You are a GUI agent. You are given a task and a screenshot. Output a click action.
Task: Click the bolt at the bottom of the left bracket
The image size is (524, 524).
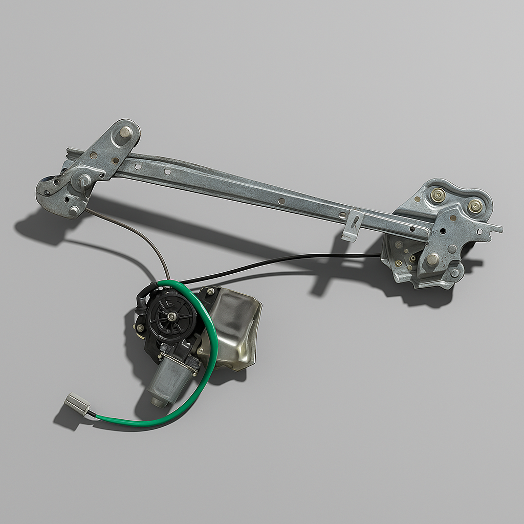pyautogui.click(x=75, y=209)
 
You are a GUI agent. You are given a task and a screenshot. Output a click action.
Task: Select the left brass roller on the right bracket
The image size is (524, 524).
pyautogui.click(x=438, y=195)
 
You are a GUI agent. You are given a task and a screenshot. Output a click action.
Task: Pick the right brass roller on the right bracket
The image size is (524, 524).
pyautogui.click(x=475, y=206)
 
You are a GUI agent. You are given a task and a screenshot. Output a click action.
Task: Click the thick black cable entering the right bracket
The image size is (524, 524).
pyautogui.click(x=307, y=260)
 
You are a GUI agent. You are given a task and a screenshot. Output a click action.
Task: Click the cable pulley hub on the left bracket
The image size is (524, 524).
pyautogui.click(x=83, y=181)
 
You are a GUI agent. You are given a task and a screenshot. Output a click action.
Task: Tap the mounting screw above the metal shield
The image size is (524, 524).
pyautogui.click(x=210, y=291)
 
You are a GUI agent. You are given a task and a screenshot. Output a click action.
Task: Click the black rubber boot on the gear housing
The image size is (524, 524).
pyautogui.click(x=143, y=297)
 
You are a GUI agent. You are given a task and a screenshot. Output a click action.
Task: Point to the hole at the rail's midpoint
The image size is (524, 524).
pyautogui.click(x=281, y=201)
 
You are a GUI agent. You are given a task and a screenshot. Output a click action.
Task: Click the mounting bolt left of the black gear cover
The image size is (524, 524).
pyautogui.click(x=139, y=327)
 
